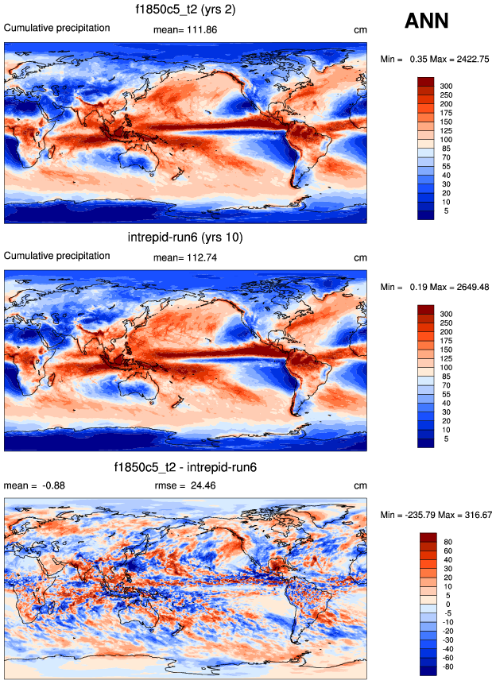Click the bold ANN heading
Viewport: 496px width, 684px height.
click(427, 21)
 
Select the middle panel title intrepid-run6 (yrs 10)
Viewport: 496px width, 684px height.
click(185, 238)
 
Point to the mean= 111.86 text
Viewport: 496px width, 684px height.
click(185, 30)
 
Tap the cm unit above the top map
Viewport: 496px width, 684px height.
click(360, 30)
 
